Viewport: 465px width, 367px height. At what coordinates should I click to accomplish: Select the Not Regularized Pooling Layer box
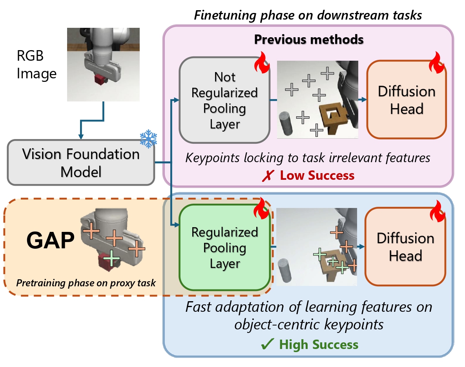coord(224,100)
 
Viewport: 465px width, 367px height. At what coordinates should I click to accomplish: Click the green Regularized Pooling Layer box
coord(224,248)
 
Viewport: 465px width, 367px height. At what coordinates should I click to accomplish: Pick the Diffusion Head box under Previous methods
coord(407,100)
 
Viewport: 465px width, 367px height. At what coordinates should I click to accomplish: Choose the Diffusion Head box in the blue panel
coord(405,247)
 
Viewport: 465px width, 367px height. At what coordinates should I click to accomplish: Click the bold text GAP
coord(50,240)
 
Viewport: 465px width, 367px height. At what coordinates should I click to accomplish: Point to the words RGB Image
coord(36,65)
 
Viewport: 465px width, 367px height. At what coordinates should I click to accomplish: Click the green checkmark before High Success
coord(269,345)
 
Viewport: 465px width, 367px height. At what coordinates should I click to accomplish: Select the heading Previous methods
coord(308,39)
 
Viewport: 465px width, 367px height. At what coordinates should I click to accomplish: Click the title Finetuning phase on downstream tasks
coord(308,16)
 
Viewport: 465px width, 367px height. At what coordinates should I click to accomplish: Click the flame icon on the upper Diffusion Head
coord(437,63)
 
